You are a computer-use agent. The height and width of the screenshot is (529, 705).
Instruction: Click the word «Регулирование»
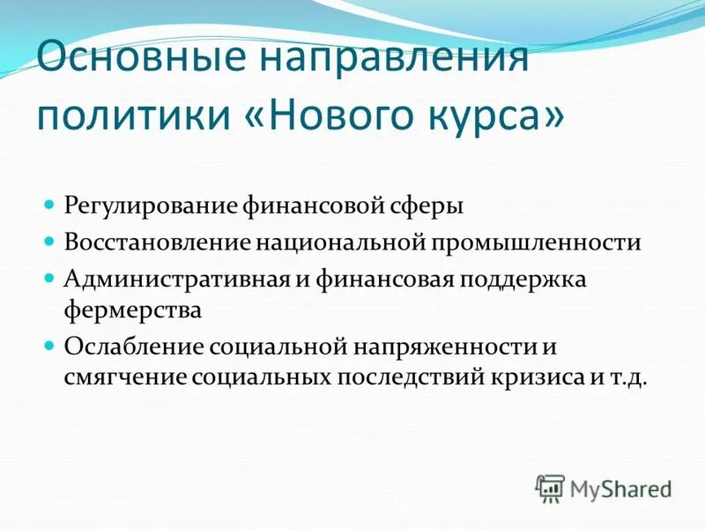coord(149,205)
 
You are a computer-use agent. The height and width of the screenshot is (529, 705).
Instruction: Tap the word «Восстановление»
coord(157,242)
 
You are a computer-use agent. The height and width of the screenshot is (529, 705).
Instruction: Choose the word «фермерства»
coord(133,310)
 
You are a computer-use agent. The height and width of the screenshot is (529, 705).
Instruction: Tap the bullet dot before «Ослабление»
coord(50,344)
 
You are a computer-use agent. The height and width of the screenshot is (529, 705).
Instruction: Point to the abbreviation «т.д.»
coord(627,377)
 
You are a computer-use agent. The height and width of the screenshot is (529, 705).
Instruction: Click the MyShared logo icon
coord(551,488)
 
